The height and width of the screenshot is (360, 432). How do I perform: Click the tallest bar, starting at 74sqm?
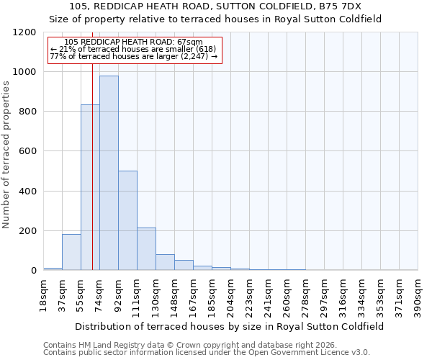pyautogui.click(x=109, y=173)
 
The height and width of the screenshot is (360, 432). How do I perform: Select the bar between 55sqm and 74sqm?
pyautogui.click(x=90, y=187)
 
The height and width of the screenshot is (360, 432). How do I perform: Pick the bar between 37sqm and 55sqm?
pyautogui.click(x=71, y=252)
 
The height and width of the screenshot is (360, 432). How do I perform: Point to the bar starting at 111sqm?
pyautogui.click(x=146, y=249)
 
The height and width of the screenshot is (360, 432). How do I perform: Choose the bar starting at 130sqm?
pyautogui.click(x=165, y=262)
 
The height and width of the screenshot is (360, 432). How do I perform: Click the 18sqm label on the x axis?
pyautogui.click(x=43, y=292)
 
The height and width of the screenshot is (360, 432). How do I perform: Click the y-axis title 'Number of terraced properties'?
pyautogui.click(x=6, y=154)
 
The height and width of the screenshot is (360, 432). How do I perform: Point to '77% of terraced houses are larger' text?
pyautogui.click(x=134, y=56)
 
